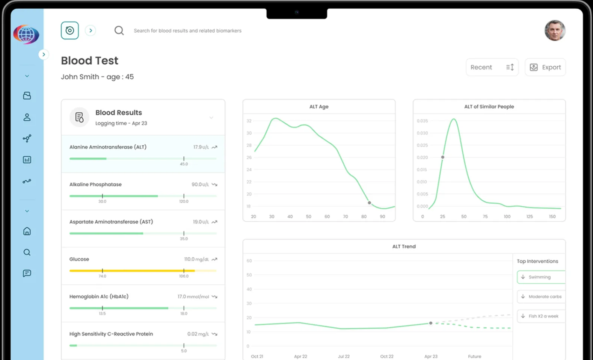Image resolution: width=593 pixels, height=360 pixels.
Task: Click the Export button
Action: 545,67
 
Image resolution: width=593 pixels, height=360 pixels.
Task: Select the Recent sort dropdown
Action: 492,67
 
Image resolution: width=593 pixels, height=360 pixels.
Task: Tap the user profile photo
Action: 555,30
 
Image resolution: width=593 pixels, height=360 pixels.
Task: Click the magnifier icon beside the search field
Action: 119,30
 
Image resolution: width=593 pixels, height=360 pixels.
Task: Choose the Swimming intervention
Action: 541,277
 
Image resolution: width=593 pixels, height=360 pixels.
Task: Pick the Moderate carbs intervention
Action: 541,296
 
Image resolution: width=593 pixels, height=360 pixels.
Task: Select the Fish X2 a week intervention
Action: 541,316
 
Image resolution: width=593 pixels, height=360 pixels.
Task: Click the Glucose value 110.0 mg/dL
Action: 196,259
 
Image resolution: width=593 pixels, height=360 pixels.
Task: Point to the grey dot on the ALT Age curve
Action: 370,203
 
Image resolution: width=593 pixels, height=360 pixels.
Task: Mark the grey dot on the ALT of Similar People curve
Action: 443,157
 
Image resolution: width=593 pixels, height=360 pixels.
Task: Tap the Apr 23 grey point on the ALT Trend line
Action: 431,323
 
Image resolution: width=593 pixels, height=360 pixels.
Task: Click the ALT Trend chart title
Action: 404,247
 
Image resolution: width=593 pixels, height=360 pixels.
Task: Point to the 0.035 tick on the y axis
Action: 422,121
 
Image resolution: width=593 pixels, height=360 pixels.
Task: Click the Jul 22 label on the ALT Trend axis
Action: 344,356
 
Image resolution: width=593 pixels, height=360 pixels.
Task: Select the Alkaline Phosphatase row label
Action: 95,185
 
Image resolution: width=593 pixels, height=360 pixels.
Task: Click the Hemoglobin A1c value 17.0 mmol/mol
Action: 193,296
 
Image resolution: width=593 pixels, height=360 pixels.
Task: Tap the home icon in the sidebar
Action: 27,231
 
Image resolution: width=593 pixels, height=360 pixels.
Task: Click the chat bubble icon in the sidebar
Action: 27,273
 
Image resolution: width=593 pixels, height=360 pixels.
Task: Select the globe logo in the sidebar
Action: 26,35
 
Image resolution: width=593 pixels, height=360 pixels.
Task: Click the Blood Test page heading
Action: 89,61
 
